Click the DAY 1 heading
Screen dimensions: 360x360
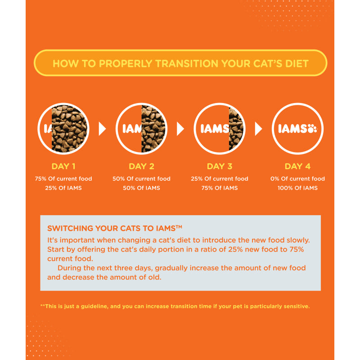coord(63,166)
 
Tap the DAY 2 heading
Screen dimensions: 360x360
coord(141,166)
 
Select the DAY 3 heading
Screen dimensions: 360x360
coord(220,166)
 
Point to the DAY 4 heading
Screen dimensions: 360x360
coord(297,166)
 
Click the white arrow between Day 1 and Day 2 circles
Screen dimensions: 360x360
coord(102,129)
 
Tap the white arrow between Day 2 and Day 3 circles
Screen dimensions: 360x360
coord(180,129)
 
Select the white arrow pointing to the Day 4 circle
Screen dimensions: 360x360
coord(258,129)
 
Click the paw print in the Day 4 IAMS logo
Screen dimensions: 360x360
coord(312,129)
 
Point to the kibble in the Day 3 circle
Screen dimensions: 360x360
coord(236,129)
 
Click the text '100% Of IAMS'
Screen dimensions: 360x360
coord(297,188)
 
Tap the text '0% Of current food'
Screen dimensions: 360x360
coord(297,179)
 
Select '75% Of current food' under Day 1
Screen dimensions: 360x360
coord(63,179)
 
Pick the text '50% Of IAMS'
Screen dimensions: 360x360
coord(141,188)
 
